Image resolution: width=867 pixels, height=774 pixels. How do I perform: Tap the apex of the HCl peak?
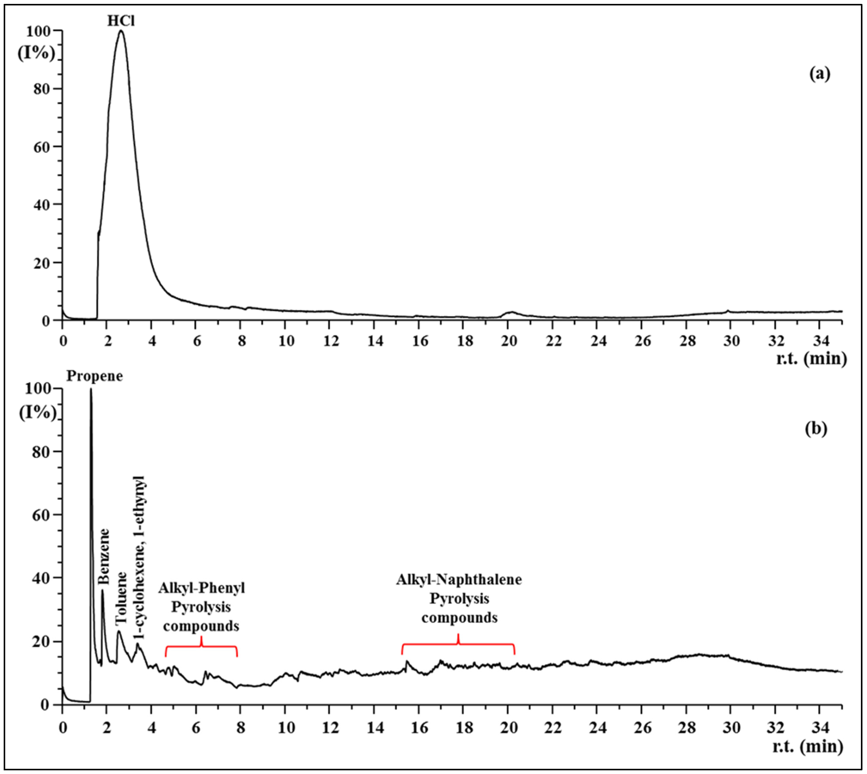pyautogui.click(x=121, y=31)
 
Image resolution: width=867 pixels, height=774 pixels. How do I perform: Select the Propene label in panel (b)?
pyautogui.click(x=94, y=376)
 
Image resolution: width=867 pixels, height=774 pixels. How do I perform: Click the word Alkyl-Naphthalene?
pyautogui.click(x=459, y=580)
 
